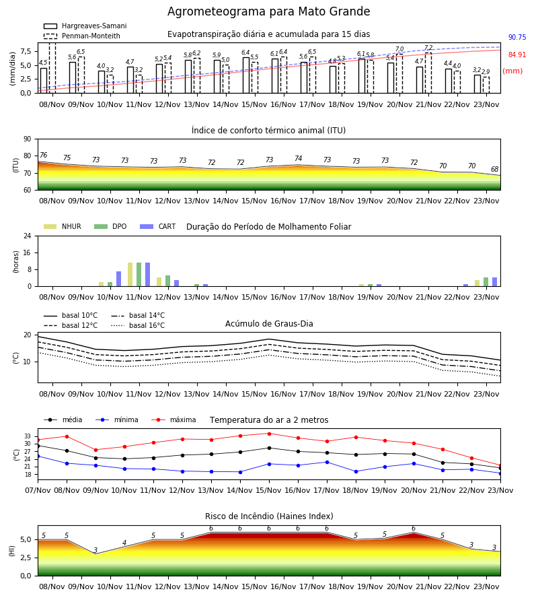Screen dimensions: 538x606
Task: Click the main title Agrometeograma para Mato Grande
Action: point(268,11)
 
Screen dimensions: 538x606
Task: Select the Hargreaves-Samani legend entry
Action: point(85,26)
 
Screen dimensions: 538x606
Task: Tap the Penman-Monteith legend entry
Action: point(82,36)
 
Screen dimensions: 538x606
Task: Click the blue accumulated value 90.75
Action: point(517,38)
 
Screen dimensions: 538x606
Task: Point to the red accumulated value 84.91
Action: point(517,55)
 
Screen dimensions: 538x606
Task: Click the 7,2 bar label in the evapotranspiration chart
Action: point(428,48)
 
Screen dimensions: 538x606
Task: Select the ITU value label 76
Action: point(44,155)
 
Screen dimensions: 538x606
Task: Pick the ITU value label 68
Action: point(495,169)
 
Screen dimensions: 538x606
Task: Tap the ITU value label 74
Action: point(299,158)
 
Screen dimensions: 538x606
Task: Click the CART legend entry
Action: point(158,226)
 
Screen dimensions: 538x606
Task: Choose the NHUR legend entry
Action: point(63,226)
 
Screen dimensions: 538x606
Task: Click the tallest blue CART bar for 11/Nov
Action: point(148,275)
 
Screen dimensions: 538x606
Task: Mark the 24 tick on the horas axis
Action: point(28,236)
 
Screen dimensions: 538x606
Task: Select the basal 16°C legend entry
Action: point(138,325)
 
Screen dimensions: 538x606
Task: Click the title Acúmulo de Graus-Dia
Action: point(269,324)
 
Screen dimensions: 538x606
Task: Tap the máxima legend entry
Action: point(174,419)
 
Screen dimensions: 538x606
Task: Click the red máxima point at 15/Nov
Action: point(270,434)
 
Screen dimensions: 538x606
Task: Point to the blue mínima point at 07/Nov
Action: point(38,457)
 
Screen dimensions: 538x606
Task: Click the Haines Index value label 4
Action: point(124,543)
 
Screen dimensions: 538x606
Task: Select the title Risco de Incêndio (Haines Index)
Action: point(269,516)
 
